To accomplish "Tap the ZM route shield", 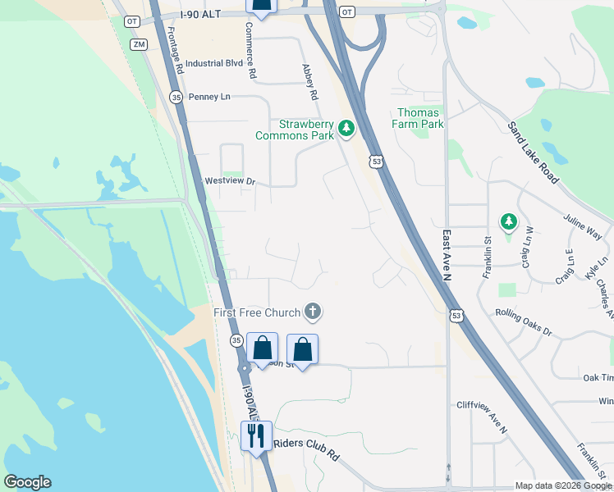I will pos(138,43).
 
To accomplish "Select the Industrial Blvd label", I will pos(214,63).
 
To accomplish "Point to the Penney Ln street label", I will pos(209,97).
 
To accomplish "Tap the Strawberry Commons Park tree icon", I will pos(346,128).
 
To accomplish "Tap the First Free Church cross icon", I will pos(312,312).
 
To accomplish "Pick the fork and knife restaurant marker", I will pos(255,435).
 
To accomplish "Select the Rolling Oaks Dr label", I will pos(524,321).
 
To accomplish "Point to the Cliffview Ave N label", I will pos(482,417).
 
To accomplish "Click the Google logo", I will pos(27,482).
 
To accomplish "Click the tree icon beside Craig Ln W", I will pos(509,221).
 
